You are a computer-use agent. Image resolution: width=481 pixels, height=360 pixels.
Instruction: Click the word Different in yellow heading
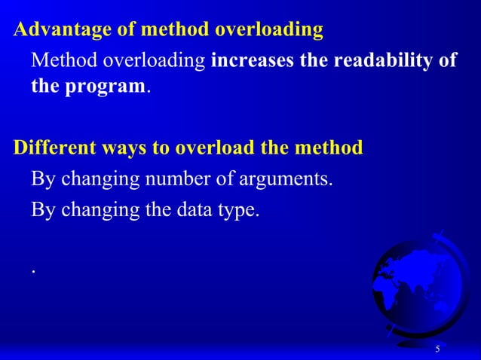point(52,147)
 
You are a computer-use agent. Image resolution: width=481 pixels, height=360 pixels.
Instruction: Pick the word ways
point(122,147)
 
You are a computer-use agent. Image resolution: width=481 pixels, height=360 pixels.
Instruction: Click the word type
point(240,211)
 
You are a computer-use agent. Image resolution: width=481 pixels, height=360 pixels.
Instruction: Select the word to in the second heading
point(162,148)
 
